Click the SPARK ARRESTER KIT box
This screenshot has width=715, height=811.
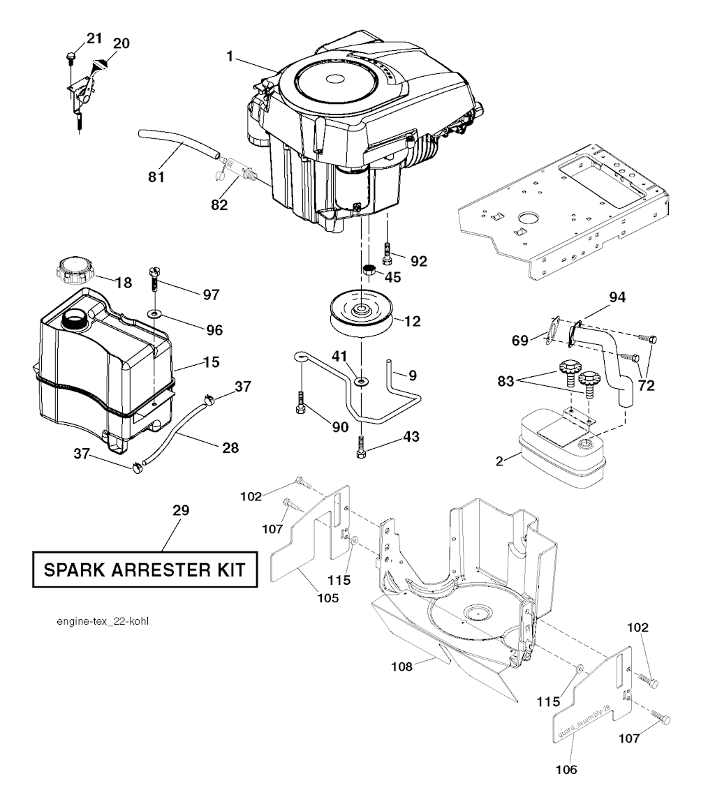(145, 570)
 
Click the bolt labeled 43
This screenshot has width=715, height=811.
(361, 447)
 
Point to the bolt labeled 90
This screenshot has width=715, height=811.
(301, 403)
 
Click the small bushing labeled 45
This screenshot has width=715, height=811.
(369, 269)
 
